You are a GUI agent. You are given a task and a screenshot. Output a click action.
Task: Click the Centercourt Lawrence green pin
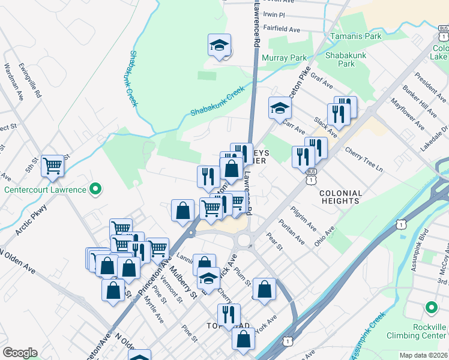pos(95,190)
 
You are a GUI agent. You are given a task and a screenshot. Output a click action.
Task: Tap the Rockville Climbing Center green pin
pos(431,308)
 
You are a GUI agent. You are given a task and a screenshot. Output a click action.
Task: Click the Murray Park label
pos(284,58)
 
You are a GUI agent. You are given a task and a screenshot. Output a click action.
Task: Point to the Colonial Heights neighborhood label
pos(340,197)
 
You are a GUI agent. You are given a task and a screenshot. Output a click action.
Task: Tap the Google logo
pos(20,353)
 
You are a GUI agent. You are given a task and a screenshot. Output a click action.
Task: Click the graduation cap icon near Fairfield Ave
pos(220,46)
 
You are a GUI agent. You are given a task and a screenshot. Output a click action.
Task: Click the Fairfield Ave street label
pos(282,29)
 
